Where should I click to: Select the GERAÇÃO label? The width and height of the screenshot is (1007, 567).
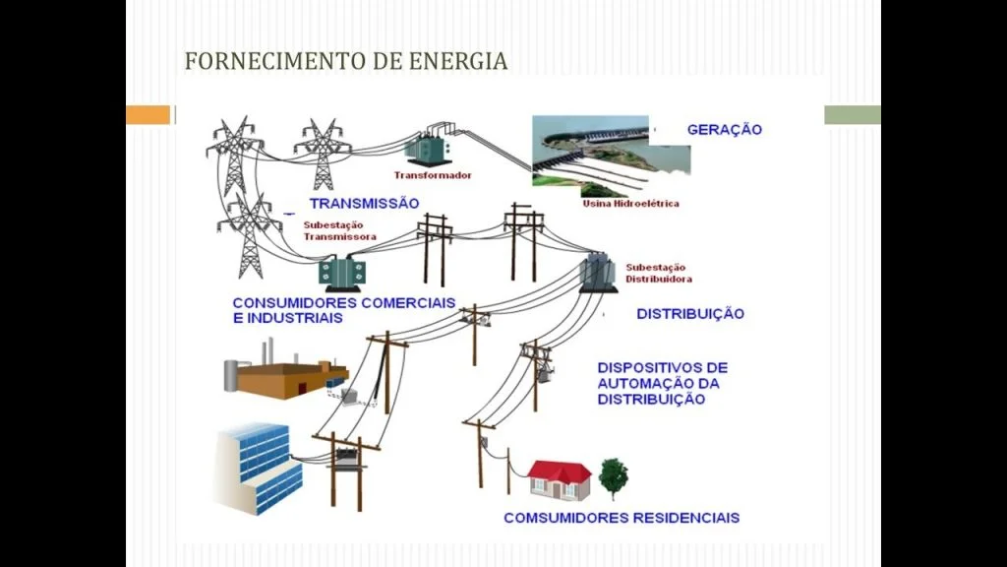725,130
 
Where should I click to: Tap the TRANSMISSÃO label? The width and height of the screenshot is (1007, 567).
364,203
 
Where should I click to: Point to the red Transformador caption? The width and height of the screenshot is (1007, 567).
433,175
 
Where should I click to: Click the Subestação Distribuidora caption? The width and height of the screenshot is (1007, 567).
658,273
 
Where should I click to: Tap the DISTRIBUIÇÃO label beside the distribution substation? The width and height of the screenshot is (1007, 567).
690,314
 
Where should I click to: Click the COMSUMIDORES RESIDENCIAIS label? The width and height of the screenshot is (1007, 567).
622,518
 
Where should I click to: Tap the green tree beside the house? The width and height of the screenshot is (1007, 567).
614,475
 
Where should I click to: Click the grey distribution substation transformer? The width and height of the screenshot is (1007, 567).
595,272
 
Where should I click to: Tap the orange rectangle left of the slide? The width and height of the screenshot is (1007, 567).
148,115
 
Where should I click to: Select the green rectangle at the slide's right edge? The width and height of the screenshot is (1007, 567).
852,115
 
